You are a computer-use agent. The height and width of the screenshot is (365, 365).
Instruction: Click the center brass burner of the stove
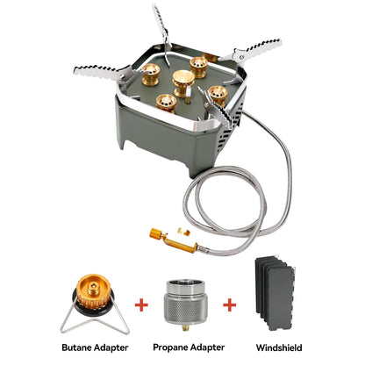182,82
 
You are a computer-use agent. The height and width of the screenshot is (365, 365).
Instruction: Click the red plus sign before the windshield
230,304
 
